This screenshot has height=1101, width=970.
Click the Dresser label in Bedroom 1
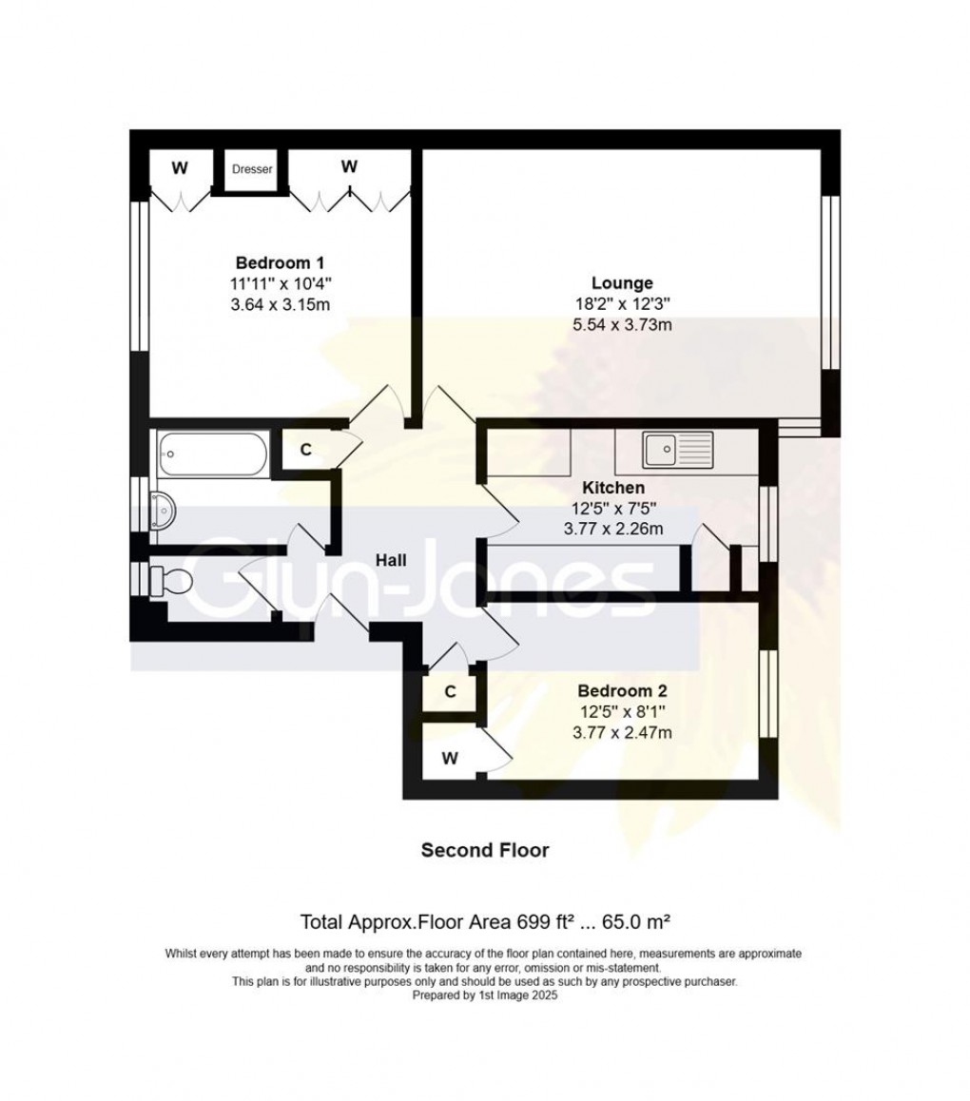[253, 169]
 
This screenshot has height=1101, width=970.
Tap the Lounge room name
[622, 282]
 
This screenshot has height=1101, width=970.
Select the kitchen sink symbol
[676, 450]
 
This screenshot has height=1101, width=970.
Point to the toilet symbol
[171, 579]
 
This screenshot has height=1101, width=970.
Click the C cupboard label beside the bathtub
[305, 450]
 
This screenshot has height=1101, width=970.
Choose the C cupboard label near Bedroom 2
[451, 691]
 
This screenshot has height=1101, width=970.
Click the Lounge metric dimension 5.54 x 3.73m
[622, 325]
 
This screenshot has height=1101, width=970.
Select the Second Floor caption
[485, 850]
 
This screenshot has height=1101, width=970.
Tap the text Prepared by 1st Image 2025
[485, 996]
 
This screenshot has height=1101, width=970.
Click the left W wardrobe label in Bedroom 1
[179, 168]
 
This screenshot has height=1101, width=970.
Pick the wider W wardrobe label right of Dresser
[349, 166]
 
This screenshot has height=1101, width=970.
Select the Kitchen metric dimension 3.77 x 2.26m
[615, 529]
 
